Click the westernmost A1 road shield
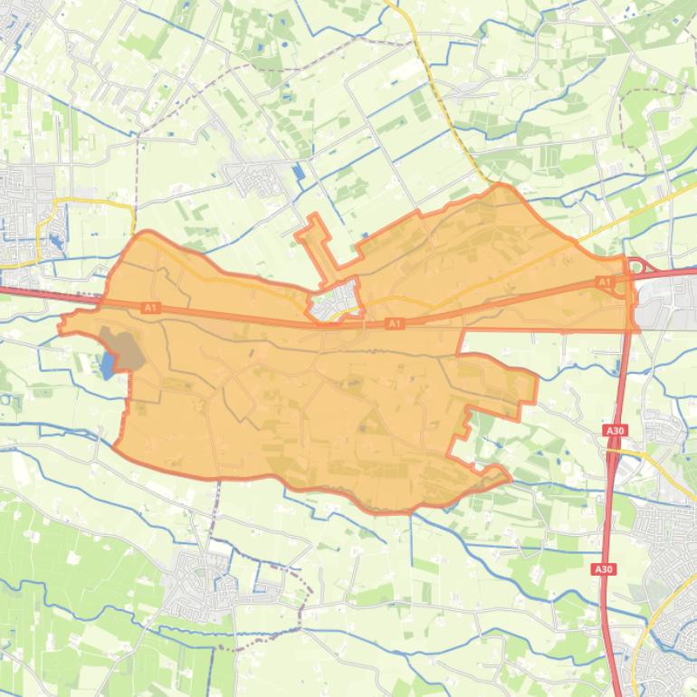(x=150, y=309)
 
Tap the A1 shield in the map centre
(x=394, y=323)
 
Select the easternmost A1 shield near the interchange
(x=605, y=283)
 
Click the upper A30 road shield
(x=616, y=431)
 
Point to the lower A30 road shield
(x=604, y=569)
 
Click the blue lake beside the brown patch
(x=109, y=366)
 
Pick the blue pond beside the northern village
(x=299, y=171)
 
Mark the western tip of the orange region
(x=61, y=326)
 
